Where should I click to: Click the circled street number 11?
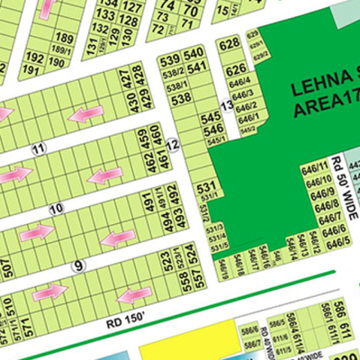pyautogui.click(x=37, y=148)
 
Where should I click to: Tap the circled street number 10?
pyautogui.click(x=56, y=208)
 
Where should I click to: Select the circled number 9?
pyautogui.click(x=78, y=265)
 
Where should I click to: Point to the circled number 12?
pyautogui.click(x=172, y=145)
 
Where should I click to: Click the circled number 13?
pyautogui.click(x=227, y=106)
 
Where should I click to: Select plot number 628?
pyautogui.click(x=229, y=44)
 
